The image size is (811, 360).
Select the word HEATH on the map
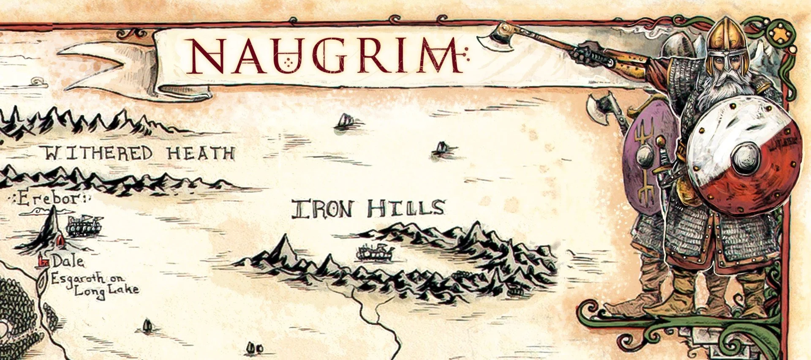coord(200,153)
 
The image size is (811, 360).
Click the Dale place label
coord(67,262)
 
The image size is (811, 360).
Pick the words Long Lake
coord(106,290)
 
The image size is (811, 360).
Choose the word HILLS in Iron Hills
coord(405,209)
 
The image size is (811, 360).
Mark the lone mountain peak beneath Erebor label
coord(52,228)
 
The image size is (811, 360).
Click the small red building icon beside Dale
coord(43,262)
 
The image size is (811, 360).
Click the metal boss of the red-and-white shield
coord(746,158)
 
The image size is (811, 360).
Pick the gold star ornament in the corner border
coord(781,34)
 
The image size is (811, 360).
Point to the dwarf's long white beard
coord(720,89)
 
